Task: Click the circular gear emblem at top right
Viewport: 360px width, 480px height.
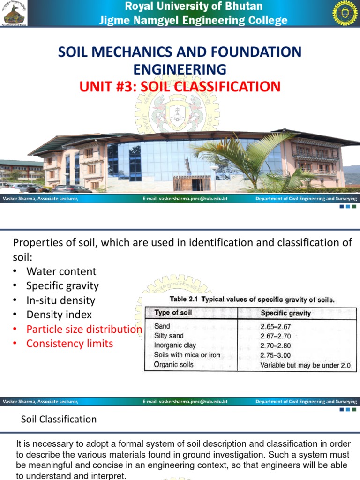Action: pyautogui.click(x=345, y=13)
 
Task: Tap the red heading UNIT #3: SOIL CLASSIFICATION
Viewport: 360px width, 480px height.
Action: pyautogui.click(x=180, y=86)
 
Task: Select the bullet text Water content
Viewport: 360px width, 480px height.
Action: pyautogui.click(x=61, y=271)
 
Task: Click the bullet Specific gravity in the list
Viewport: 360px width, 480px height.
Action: pyautogui.click(x=62, y=285)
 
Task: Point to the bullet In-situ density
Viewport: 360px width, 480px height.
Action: pyautogui.click(x=60, y=300)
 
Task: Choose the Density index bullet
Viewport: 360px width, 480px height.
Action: pyautogui.click(x=59, y=315)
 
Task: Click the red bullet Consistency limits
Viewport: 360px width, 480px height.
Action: pyautogui.click(x=69, y=344)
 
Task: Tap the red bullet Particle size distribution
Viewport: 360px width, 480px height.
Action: pyautogui.click(x=84, y=329)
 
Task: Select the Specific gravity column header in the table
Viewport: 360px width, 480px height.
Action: pyautogui.click(x=285, y=313)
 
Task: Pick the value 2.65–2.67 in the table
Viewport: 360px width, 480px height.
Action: pyautogui.click(x=276, y=326)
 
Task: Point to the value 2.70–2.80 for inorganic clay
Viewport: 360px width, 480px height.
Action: pyautogui.click(x=276, y=345)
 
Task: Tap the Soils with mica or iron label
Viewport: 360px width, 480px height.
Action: pyautogui.click(x=187, y=355)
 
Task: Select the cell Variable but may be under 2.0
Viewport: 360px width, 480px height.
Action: pyautogui.click(x=305, y=365)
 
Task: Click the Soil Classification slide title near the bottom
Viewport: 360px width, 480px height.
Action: pyautogui.click(x=59, y=420)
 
